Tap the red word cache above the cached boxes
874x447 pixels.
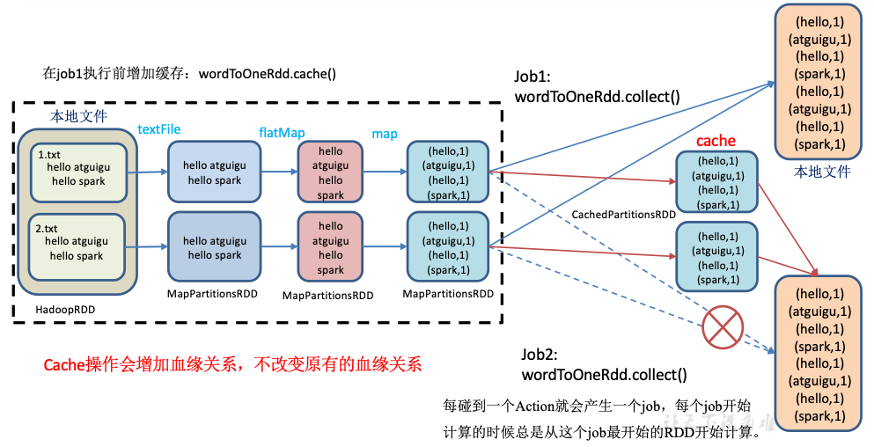716,141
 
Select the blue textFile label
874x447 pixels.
159,129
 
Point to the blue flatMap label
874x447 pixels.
282,133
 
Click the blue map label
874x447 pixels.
385,134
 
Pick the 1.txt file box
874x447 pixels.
77,173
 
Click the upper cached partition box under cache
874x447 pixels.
716,182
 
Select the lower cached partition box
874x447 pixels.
716,256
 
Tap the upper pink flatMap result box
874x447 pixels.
331,173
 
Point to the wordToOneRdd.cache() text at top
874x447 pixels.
268,73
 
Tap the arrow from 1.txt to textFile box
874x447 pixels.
148,173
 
